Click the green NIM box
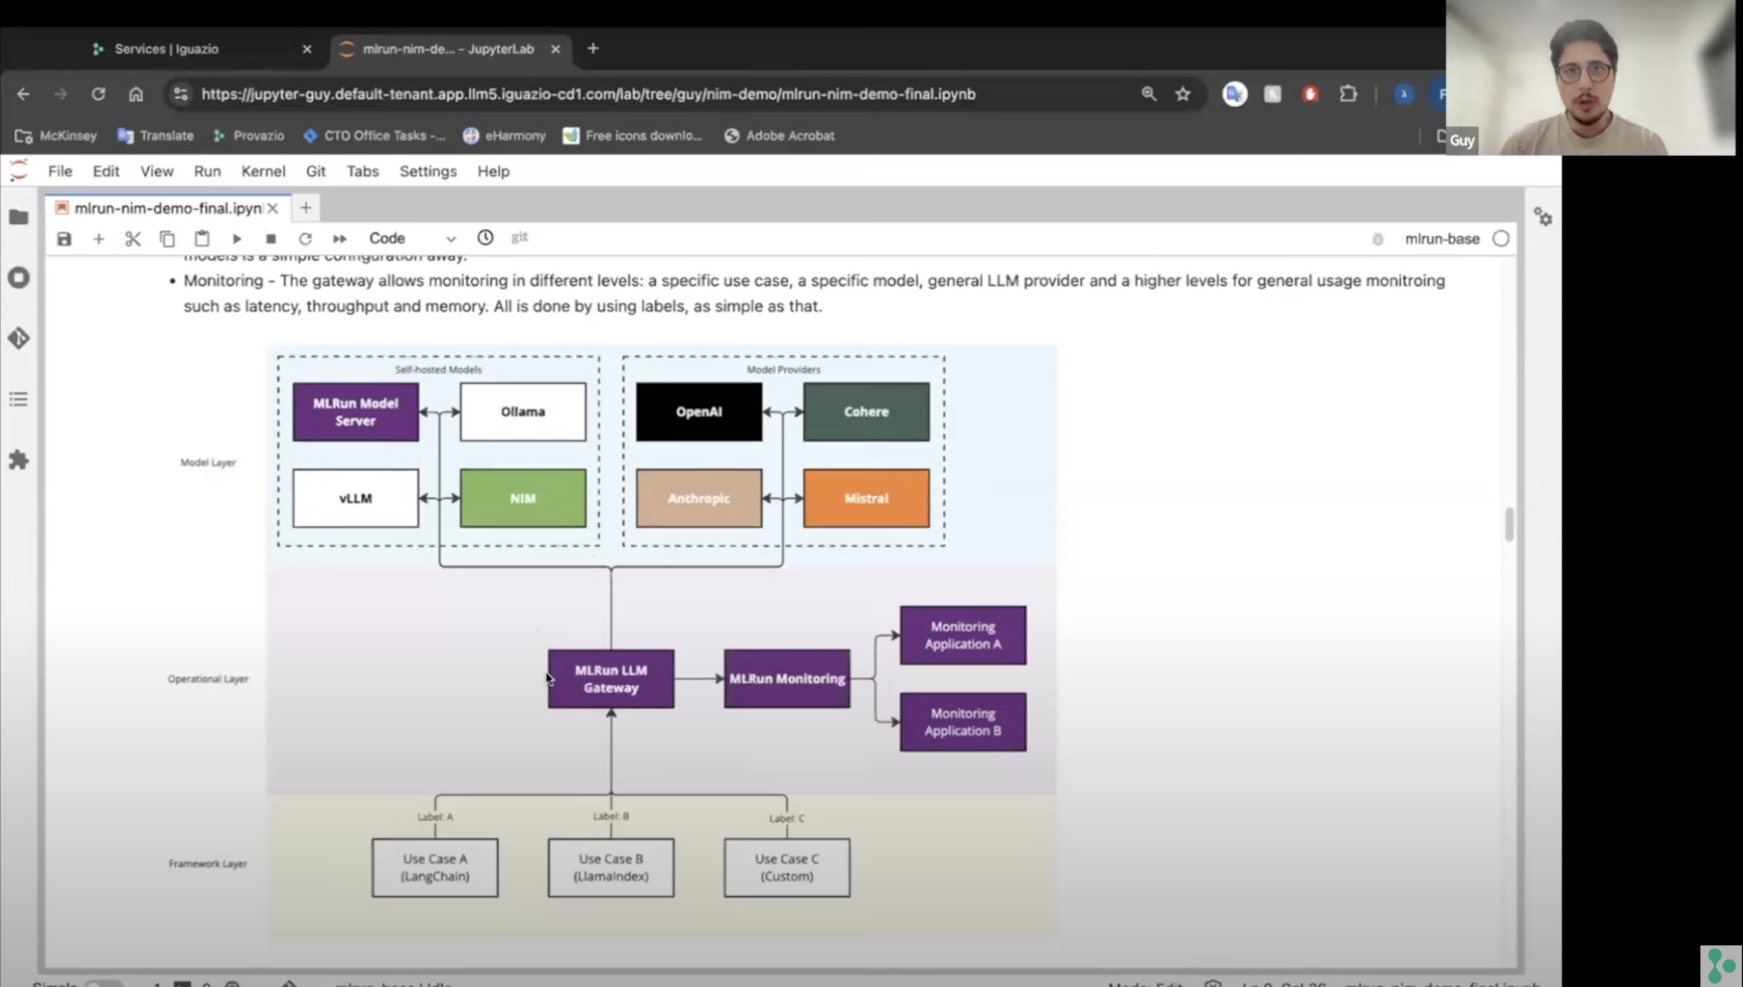click(x=523, y=498)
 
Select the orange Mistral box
click(x=866, y=498)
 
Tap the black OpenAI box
click(x=699, y=411)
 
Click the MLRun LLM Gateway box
click(x=610, y=679)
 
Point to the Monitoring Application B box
click(x=963, y=722)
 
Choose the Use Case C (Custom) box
click(x=786, y=868)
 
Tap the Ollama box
click(x=523, y=411)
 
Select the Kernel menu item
click(x=263, y=171)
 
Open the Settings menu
click(x=428, y=171)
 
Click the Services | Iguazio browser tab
click(x=167, y=49)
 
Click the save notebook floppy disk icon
click(x=64, y=239)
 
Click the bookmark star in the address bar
click(x=1182, y=95)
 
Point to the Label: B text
click(x=610, y=816)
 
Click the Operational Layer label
click(x=208, y=679)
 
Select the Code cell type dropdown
click(x=412, y=238)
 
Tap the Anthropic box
click(x=699, y=498)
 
